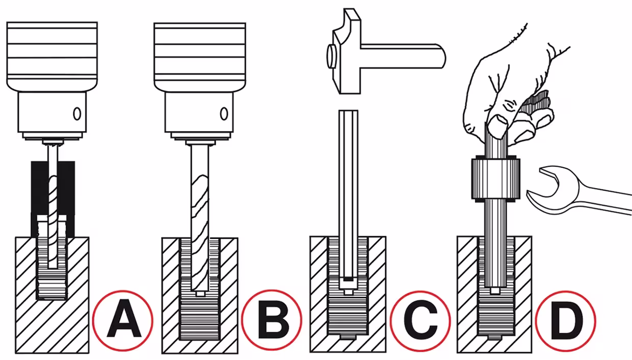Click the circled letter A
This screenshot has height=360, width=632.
tap(123, 321)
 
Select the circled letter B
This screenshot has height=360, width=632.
tap(272, 320)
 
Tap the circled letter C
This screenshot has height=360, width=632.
tap(420, 321)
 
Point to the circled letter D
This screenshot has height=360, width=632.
tap(566, 321)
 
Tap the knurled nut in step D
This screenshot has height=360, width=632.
tap(495, 179)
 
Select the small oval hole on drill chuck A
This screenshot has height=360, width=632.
tap(77, 114)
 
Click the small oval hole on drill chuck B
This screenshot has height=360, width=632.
tap(224, 114)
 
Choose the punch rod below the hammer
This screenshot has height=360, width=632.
tap(349, 198)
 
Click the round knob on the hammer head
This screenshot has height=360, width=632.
tap(331, 57)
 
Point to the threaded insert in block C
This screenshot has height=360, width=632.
tap(348, 288)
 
